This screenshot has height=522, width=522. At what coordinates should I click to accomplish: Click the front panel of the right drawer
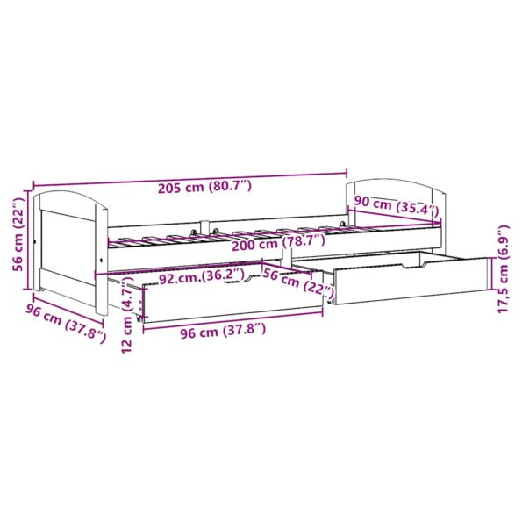pos(412,282)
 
